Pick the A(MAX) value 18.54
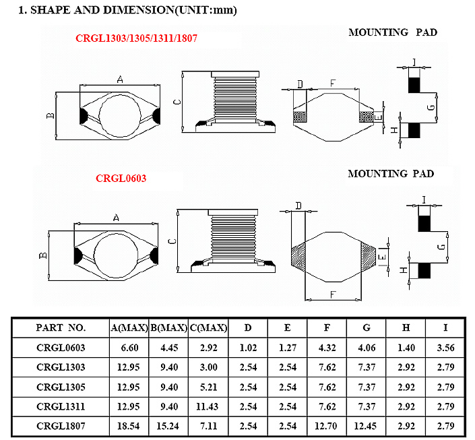click(129, 426)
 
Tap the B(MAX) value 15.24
click(168, 426)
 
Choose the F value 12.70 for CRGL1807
click(327, 426)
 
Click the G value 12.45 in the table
click(366, 426)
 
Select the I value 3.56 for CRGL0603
click(445, 348)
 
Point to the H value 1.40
click(406, 348)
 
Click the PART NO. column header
click(61, 328)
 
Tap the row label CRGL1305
click(61, 387)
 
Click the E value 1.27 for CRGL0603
click(288, 348)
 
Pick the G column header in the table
click(367, 328)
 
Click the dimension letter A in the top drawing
click(120, 80)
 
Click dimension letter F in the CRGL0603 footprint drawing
click(333, 294)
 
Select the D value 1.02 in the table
click(249, 348)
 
